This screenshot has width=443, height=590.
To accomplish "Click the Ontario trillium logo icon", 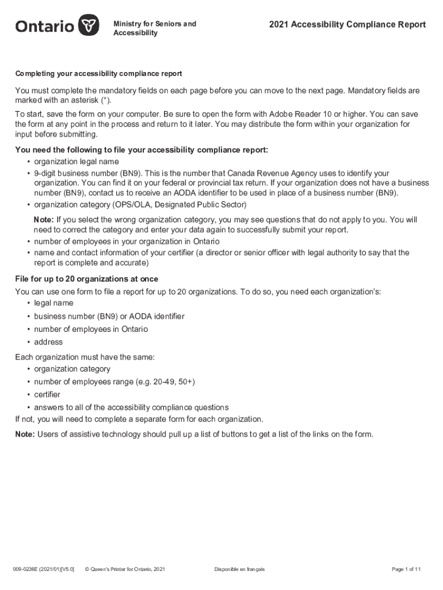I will tap(87, 26).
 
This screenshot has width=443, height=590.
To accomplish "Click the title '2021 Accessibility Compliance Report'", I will tap(347, 24).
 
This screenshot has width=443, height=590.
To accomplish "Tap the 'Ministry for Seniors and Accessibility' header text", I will tap(155, 28).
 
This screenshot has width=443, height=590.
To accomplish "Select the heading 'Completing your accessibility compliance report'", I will tap(98, 74).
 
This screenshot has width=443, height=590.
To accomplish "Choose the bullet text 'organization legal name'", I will tap(77, 161).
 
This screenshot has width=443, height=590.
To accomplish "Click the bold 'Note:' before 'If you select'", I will tap(44, 220).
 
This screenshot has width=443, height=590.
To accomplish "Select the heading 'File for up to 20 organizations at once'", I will tap(86, 279).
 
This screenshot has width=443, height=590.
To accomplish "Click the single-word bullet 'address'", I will tap(48, 342).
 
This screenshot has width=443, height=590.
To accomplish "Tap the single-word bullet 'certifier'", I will tap(47, 395).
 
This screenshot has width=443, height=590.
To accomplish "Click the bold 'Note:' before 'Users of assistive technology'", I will tap(25, 434).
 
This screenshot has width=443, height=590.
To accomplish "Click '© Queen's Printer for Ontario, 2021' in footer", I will tap(125, 569).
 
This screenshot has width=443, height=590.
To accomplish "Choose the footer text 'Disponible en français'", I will tap(239, 569).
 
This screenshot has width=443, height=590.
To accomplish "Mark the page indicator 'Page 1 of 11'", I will tap(406, 569).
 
